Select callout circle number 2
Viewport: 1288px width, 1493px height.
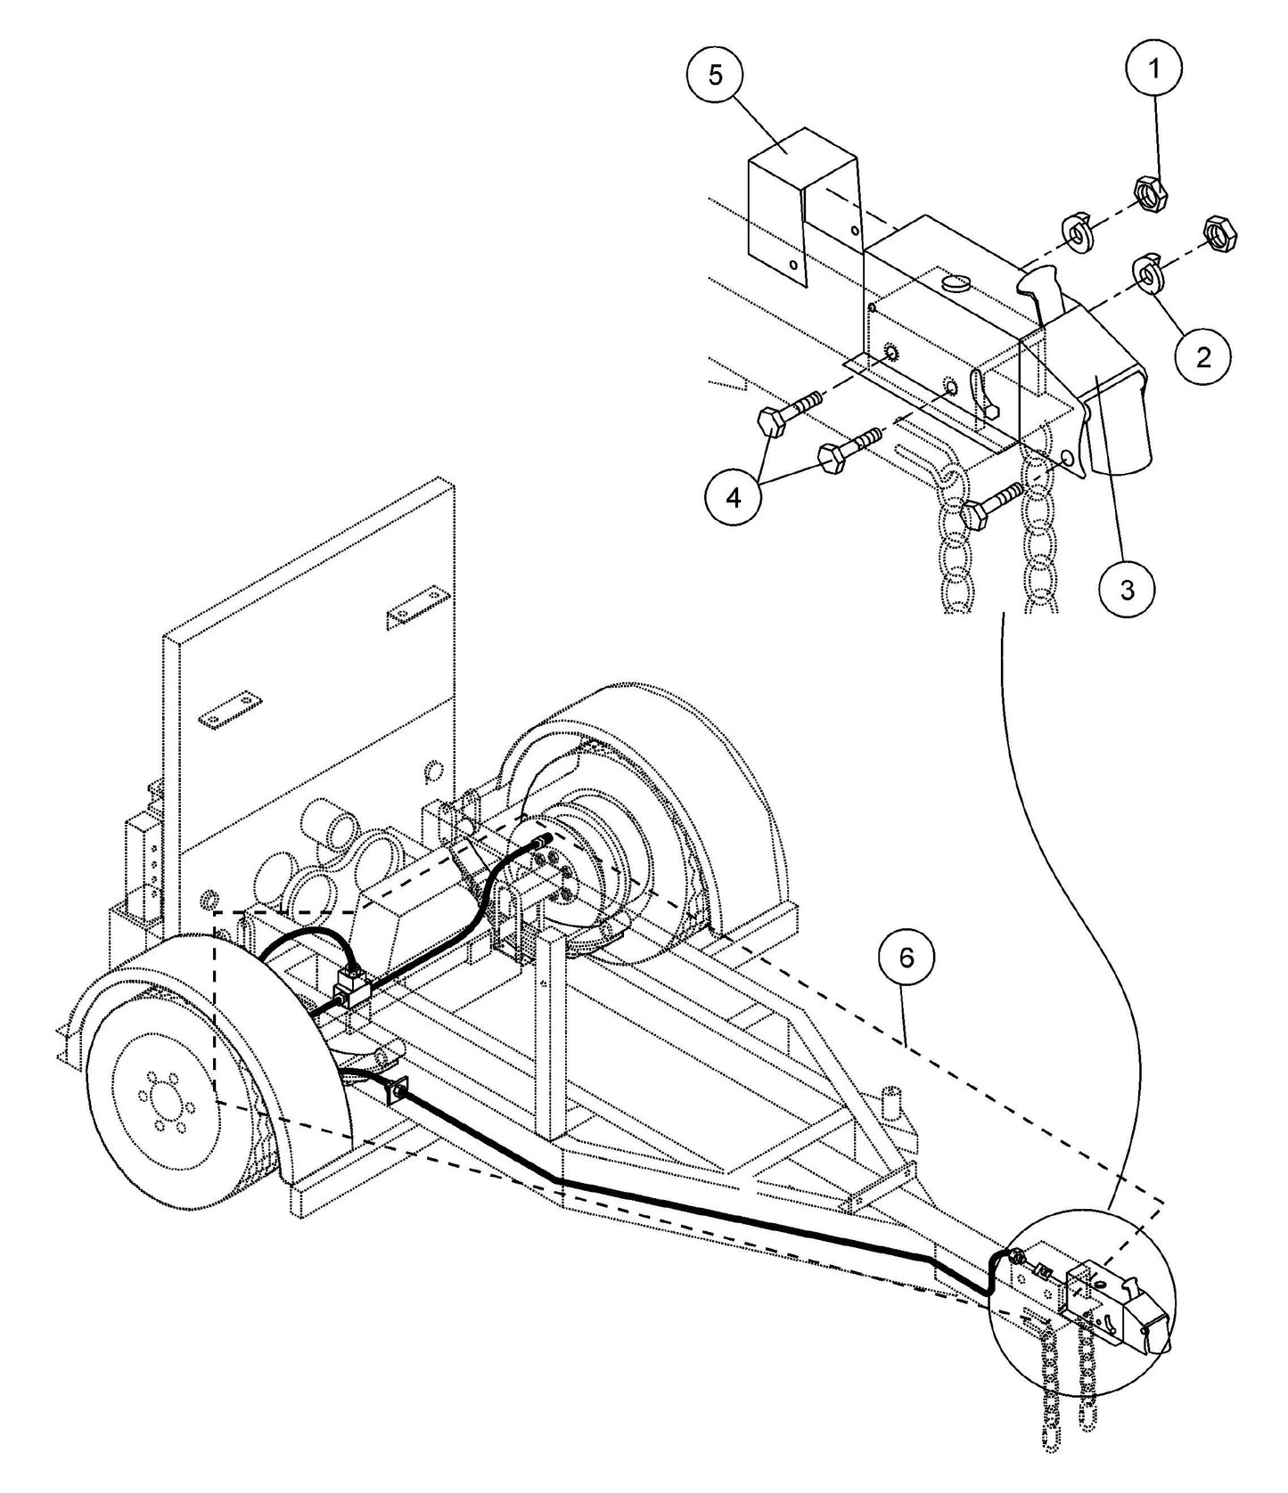(1203, 357)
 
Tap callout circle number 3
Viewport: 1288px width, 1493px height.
(1128, 589)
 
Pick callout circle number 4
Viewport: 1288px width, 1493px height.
(734, 498)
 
